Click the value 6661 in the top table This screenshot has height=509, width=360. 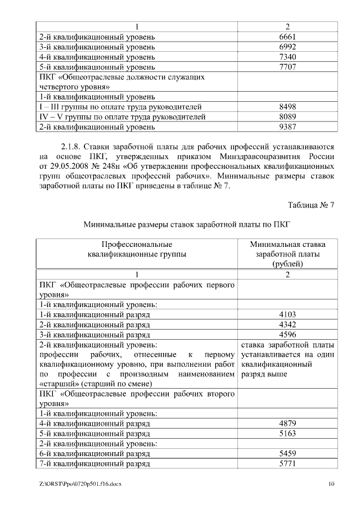click(x=287, y=37)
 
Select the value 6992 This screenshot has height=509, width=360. click(x=287, y=47)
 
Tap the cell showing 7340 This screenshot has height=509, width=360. click(x=287, y=57)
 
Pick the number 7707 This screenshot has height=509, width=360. click(x=287, y=67)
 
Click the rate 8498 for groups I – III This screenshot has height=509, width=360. click(x=287, y=106)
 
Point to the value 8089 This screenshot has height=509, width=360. click(x=287, y=116)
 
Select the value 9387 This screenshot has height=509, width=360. click(x=287, y=127)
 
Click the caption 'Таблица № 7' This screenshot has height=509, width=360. click(x=311, y=205)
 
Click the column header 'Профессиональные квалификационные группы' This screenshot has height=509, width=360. click(x=137, y=249)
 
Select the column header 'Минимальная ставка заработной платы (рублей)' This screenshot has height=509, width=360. click(x=287, y=254)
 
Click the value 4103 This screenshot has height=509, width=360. click(x=287, y=314)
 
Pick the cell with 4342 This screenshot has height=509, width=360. click(x=287, y=325)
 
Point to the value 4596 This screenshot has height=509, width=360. click(x=287, y=335)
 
